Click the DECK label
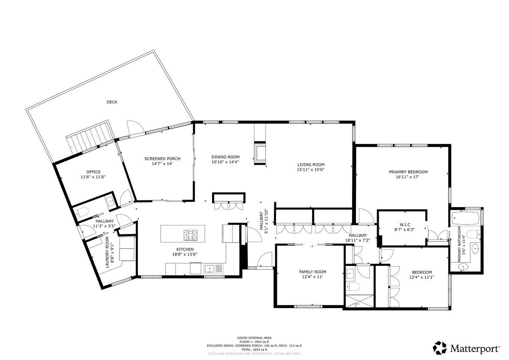pos(112,102)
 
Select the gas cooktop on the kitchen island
pos(190,235)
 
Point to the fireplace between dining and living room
pos(260,153)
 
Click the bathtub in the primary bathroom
pos(466,218)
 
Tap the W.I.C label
pos(405,225)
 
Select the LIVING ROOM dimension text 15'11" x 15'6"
pos(310,169)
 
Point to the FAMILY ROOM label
pos(313,272)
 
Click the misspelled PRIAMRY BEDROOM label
pos(408,172)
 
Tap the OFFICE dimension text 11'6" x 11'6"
pos(93,177)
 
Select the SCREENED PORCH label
pos(162,158)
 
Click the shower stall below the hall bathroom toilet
pos(360,301)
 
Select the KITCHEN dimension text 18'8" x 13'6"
pos(185,254)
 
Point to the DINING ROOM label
pos(225,157)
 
